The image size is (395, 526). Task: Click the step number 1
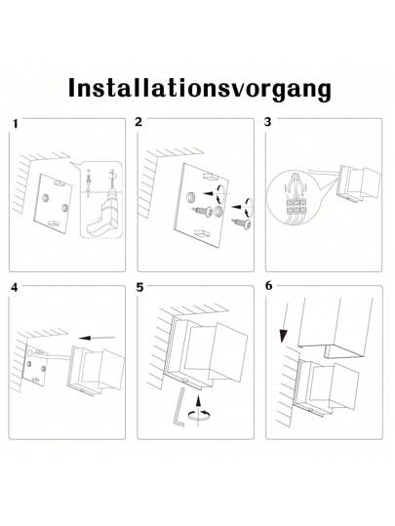[15, 126]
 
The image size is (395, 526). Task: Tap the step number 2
[138, 123]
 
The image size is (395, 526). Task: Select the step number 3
[269, 123]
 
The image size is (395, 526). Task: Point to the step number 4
[14, 289]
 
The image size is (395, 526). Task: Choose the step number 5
[139, 289]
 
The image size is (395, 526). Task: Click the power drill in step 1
[101, 212]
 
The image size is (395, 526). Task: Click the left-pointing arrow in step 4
[96, 338]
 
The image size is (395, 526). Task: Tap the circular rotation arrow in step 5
[201, 414]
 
